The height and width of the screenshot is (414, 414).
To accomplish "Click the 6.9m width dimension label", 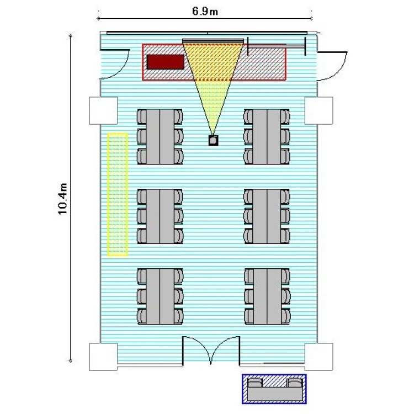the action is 205,12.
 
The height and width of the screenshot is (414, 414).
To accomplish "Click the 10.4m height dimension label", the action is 63,199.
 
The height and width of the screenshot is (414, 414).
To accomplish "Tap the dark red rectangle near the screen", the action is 165,62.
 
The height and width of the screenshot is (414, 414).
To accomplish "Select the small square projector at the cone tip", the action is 213,140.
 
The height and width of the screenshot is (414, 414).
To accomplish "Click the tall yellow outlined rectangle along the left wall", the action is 118,195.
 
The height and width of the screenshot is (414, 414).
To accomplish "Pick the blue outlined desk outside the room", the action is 274,389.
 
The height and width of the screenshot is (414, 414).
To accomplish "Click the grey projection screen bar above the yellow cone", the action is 213,41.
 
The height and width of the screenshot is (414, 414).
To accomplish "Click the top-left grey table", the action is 160,136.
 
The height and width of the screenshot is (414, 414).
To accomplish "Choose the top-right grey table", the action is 267,136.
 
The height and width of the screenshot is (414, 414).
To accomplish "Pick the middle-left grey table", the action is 160,216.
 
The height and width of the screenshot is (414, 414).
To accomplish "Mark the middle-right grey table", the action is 267,216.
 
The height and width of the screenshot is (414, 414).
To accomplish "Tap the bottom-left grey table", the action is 160,296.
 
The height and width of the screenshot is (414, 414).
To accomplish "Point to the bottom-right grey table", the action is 267,296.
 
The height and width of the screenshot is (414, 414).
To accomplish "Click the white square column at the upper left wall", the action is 103,110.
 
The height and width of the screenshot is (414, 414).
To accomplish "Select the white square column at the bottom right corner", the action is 319,357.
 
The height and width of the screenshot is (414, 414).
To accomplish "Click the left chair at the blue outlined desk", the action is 255,383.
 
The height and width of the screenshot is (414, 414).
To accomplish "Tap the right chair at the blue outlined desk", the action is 295,383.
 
